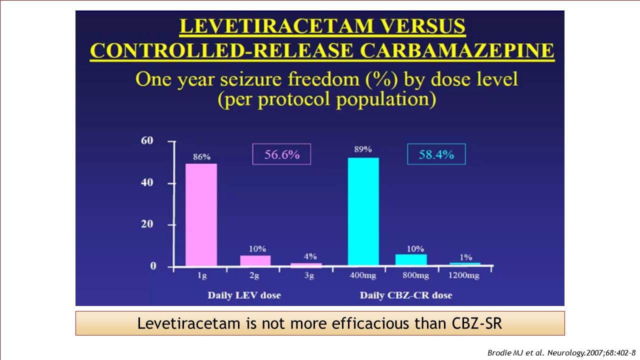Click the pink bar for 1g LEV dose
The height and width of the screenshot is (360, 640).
coord(201,214)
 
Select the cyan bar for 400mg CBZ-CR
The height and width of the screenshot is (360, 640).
coord(363,211)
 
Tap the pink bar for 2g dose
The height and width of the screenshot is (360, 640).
coord(255,260)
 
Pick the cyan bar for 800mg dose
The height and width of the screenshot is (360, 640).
coord(411,260)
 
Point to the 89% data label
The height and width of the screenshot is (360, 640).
coord(363,149)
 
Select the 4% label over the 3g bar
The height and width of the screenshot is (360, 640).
coord(310,256)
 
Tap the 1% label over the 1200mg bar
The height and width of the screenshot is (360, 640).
coord(465,257)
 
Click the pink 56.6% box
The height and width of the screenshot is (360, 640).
coord(281,154)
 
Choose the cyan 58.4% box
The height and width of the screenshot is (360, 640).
coord(436,154)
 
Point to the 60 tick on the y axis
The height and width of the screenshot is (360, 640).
coord(147,141)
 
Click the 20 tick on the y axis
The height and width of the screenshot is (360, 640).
coord(147,224)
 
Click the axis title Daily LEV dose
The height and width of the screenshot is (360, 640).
coord(244,295)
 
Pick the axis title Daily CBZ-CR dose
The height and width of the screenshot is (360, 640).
coord(405,295)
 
